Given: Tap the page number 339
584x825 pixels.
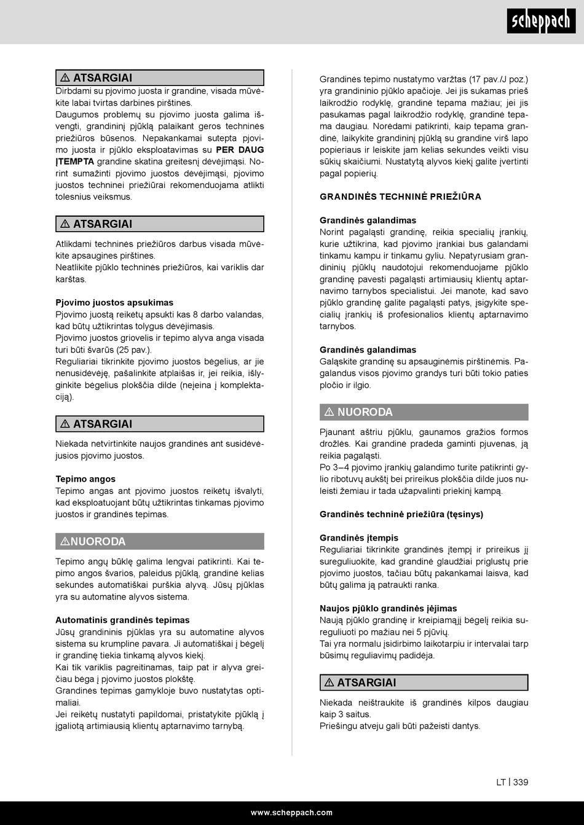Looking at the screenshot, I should (x=521, y=782).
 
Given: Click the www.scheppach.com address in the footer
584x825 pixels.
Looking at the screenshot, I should (x=291, y=812).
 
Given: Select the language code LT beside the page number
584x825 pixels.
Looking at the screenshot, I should (x=501, y=782).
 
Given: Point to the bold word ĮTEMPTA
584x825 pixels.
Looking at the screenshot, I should (x=74, y=162).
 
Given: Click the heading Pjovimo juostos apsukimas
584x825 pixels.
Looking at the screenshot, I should (x=114, y=303).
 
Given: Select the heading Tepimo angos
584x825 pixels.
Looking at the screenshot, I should (x=85, y=479).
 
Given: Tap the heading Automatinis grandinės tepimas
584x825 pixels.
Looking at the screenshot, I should (x=122, y=620).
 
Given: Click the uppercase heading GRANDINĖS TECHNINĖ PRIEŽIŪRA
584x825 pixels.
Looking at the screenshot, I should (x=400, y=197).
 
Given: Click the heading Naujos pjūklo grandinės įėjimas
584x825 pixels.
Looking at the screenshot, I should (x=388, y=609).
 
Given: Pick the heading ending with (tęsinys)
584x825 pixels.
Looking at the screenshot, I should (x=401, y=514).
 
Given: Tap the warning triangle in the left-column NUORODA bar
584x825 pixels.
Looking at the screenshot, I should (x=65, y=541).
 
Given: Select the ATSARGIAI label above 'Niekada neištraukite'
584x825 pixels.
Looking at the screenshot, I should (x=366, y=682).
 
